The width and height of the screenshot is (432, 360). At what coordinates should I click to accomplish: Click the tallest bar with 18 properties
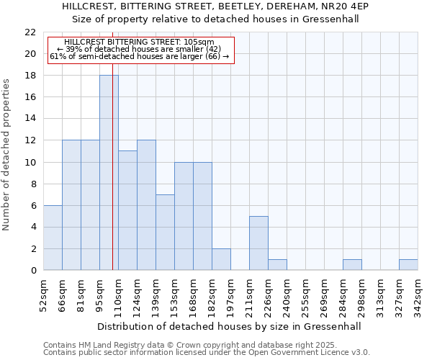tap(109, 173)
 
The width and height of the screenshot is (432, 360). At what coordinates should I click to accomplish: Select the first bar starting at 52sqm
tap(53, 238)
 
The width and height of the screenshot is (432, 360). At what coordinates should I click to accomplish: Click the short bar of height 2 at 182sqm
tap(221, 259)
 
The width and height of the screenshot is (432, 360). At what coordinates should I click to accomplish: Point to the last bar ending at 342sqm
tap(408, 265)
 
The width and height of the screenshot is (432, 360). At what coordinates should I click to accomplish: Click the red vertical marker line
tap(113, 180)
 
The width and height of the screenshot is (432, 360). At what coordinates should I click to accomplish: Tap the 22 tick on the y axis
tap(30, 32)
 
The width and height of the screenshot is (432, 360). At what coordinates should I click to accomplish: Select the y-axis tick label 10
tap(30, 162)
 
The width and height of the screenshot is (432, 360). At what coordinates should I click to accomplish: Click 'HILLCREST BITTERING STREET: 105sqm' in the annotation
tap(139, 42)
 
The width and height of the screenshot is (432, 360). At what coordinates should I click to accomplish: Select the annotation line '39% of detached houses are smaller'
tap(139, 49)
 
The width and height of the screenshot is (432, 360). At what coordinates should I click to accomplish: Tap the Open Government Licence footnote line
tap(207, 353)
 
